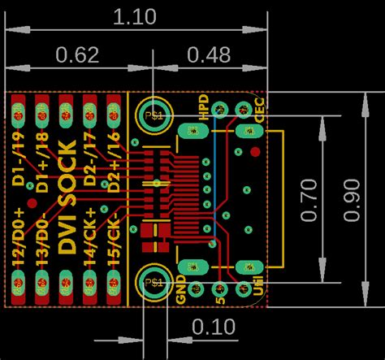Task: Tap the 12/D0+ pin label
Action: tap(18, 236)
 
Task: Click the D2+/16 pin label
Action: tap(115, 163)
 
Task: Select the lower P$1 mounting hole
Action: tap(151, 280)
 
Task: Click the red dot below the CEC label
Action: tap(255, 152)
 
